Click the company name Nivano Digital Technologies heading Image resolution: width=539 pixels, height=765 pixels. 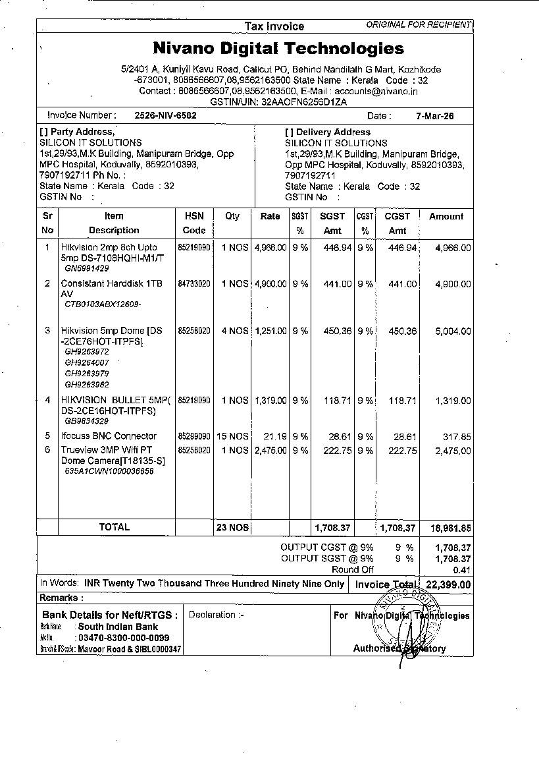pyautogui.click(x=278, y=48)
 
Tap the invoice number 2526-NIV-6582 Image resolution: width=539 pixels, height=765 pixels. pyautogui.click(x=165, y=115)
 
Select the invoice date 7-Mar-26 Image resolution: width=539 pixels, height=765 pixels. pyautogui.click(x=434, y=116)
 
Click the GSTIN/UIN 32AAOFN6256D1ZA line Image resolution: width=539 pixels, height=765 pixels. pyautogui.click(x=278, y=102)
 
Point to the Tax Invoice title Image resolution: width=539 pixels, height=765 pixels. pyautogui.click(x=274, y=26)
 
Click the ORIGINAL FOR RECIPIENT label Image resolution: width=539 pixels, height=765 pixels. pyautogui.click(x=419, y=25)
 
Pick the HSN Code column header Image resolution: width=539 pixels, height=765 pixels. pyautogui.click(x=194, y=223)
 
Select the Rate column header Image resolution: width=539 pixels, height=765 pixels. pyautogui.click(x=270, y=216)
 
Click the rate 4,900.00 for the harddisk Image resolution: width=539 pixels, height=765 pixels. pyautogui.click(x=270, y=284)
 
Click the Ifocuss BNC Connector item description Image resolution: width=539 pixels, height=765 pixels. pyautogui.click(x=109, y=436)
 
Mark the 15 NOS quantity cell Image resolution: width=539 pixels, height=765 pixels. pyautogui.click(x=232, y=436)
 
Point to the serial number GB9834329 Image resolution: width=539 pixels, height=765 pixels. pyautogui.click(x=86, y=421)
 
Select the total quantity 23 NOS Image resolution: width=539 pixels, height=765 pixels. pyautogui.click(x=232, y=527)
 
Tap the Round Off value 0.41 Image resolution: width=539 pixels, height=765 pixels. pyautogui.click(x=462, y=570)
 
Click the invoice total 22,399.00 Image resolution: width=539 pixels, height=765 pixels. pyautogui.click(x=448, y=584)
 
